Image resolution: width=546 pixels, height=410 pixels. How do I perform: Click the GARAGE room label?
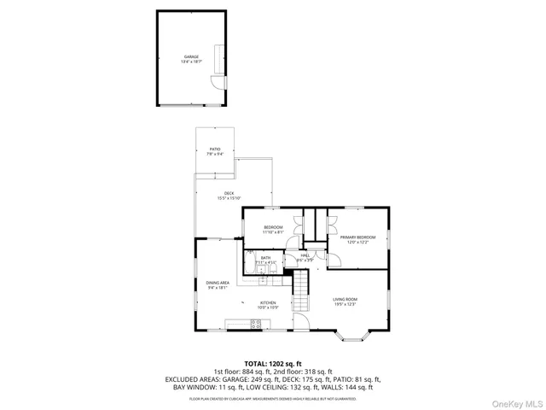coord(190,58)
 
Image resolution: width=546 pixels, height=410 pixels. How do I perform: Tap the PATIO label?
coord(215,151)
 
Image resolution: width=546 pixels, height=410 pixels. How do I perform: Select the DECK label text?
coord(229,196)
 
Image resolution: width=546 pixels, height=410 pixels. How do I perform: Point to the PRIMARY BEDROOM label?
coord(357,238)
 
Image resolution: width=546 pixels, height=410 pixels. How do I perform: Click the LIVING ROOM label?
coord(345,301)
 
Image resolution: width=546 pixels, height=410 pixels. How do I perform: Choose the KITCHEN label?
coord(268,304)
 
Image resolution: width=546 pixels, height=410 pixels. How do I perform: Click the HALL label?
coord(305,257)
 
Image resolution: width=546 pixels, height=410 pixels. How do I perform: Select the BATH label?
coord(265,259)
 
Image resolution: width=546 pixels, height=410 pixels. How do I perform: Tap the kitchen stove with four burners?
coord(254,324)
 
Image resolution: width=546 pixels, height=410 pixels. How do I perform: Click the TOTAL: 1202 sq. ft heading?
coord(273,363)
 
